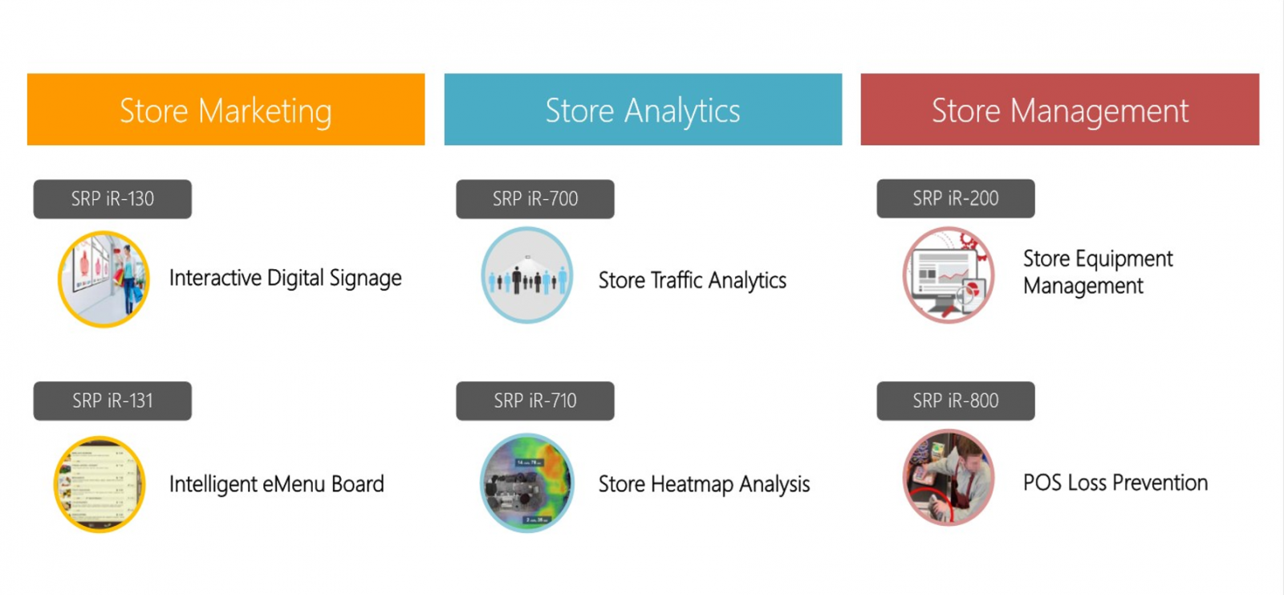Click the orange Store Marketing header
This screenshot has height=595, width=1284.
pos(226,109)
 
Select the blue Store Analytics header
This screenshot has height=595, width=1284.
pos(643,109)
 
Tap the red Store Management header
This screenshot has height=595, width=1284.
pos(1060,109)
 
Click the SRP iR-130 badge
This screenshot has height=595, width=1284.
pos(112,199)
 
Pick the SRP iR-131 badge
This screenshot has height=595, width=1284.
pos(112,401)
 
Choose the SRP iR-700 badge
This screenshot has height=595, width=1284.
pos(535,199)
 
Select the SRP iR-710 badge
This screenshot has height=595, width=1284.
pos(535,401)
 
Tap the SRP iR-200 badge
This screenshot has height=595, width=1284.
pos(956,198)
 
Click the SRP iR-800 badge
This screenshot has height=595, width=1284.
pos(956,401)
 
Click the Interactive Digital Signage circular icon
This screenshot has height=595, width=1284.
pos(104,279)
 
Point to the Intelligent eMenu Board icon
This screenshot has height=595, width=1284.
pos(100,484)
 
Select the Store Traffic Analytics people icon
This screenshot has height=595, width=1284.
pos(527,275)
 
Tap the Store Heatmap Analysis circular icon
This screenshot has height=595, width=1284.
pos(527,483)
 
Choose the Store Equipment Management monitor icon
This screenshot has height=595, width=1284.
pos(949,275)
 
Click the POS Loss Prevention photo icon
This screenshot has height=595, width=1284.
pos(949,478)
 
